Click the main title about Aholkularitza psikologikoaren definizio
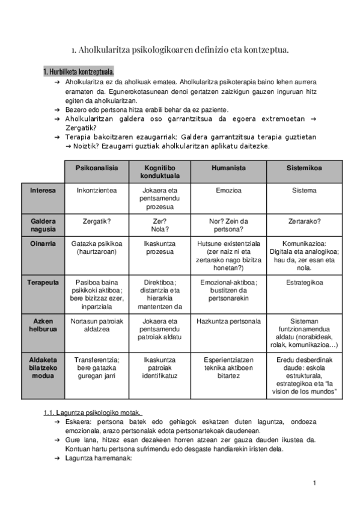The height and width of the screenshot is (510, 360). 180,51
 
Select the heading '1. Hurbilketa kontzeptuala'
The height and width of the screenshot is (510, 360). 79,72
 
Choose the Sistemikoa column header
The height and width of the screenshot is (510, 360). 304,168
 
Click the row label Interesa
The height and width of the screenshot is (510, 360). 43,190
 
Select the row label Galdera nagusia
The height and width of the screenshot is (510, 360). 43,225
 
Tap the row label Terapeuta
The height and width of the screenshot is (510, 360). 43,281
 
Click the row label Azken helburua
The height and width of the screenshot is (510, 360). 43,325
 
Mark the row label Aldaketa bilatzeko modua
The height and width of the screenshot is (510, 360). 43,367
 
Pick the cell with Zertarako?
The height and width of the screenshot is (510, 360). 304,221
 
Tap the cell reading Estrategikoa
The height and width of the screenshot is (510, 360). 304,281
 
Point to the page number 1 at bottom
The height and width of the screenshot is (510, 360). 314,483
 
